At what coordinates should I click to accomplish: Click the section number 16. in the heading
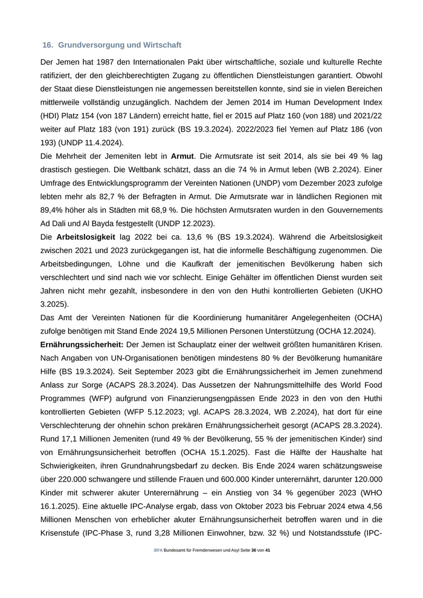click(48, 45)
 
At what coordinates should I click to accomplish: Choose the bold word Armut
click(182, 156)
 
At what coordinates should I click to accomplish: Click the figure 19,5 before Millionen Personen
click(185, 330)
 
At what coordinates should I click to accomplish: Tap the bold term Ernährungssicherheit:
click(82, 344)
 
